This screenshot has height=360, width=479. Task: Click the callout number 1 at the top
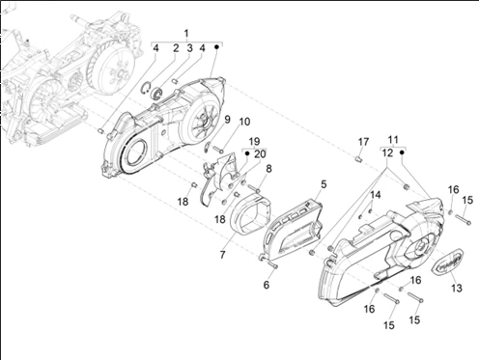tap(186, 33)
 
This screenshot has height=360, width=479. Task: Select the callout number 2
tap(176, 48)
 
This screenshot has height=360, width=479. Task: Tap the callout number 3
tap(189, 48)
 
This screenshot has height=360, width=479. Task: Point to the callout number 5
tap(324, 184)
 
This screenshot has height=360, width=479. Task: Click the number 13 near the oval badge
tap(457, 288)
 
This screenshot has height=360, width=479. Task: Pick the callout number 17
tap(363, 142)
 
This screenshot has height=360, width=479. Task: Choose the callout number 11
tap(393, 140)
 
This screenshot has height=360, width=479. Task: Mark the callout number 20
tap(260, 154)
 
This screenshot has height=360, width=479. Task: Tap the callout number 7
tap(222, 255)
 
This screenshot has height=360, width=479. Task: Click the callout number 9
tap(227, 120)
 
